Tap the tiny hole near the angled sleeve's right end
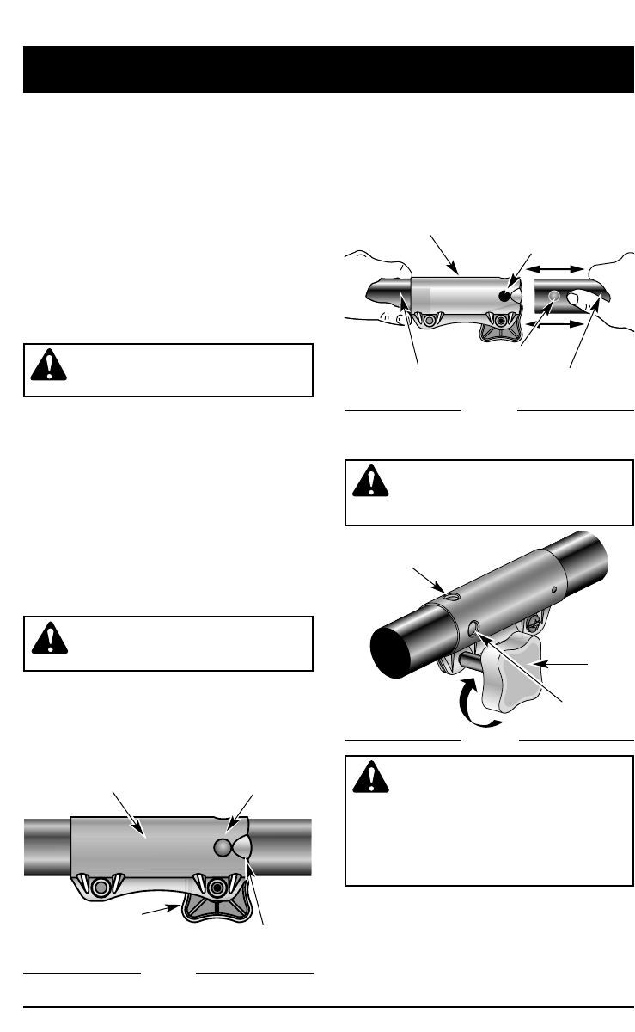(x=555, y=592)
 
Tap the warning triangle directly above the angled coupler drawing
(x=370, y=482)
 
